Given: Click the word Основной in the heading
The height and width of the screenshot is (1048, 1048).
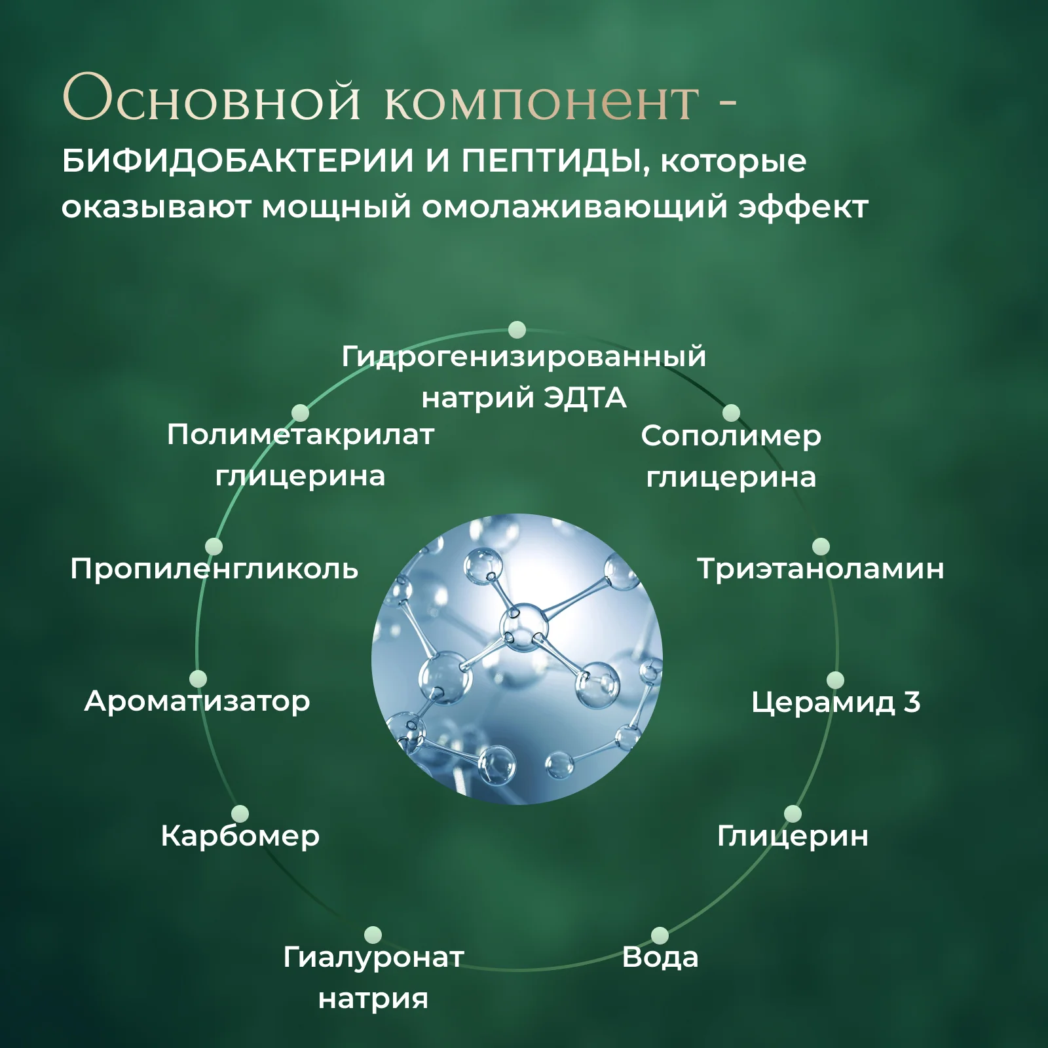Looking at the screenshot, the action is [211, 98].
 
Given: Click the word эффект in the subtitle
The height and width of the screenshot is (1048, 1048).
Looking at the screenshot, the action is [803, 207].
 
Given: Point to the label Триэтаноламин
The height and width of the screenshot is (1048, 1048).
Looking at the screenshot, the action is [821, 569].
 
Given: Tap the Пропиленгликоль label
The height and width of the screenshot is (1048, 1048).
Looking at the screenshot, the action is [214, 569].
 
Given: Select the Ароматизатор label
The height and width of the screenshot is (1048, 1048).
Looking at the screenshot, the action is [197, 702].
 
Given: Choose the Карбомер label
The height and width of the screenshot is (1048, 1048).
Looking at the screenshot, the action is [240, 835].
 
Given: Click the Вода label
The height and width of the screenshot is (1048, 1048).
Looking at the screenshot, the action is [660, 957].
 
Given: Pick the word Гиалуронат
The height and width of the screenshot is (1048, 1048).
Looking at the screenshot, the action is [373, 958].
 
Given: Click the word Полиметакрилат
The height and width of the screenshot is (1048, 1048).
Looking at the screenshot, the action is [301, 434].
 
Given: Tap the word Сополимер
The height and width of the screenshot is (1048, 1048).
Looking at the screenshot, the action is [731, 436].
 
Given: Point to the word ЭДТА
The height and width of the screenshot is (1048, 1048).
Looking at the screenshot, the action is [586, 398].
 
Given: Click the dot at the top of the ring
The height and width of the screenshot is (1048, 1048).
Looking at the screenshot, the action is [517, 329].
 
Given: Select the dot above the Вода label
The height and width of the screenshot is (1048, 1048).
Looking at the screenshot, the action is [660, 935].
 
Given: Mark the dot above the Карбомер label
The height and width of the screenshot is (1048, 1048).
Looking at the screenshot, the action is [240, 814].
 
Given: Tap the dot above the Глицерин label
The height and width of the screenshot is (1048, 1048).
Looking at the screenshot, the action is [793, 814].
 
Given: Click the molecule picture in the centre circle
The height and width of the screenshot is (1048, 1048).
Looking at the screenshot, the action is [517, 659].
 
